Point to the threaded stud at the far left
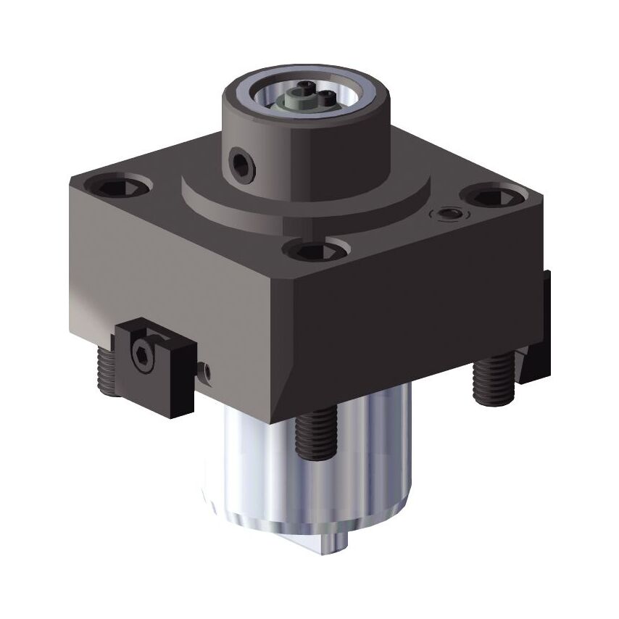tap(106, 370)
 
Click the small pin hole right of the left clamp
tap(207, 371)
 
